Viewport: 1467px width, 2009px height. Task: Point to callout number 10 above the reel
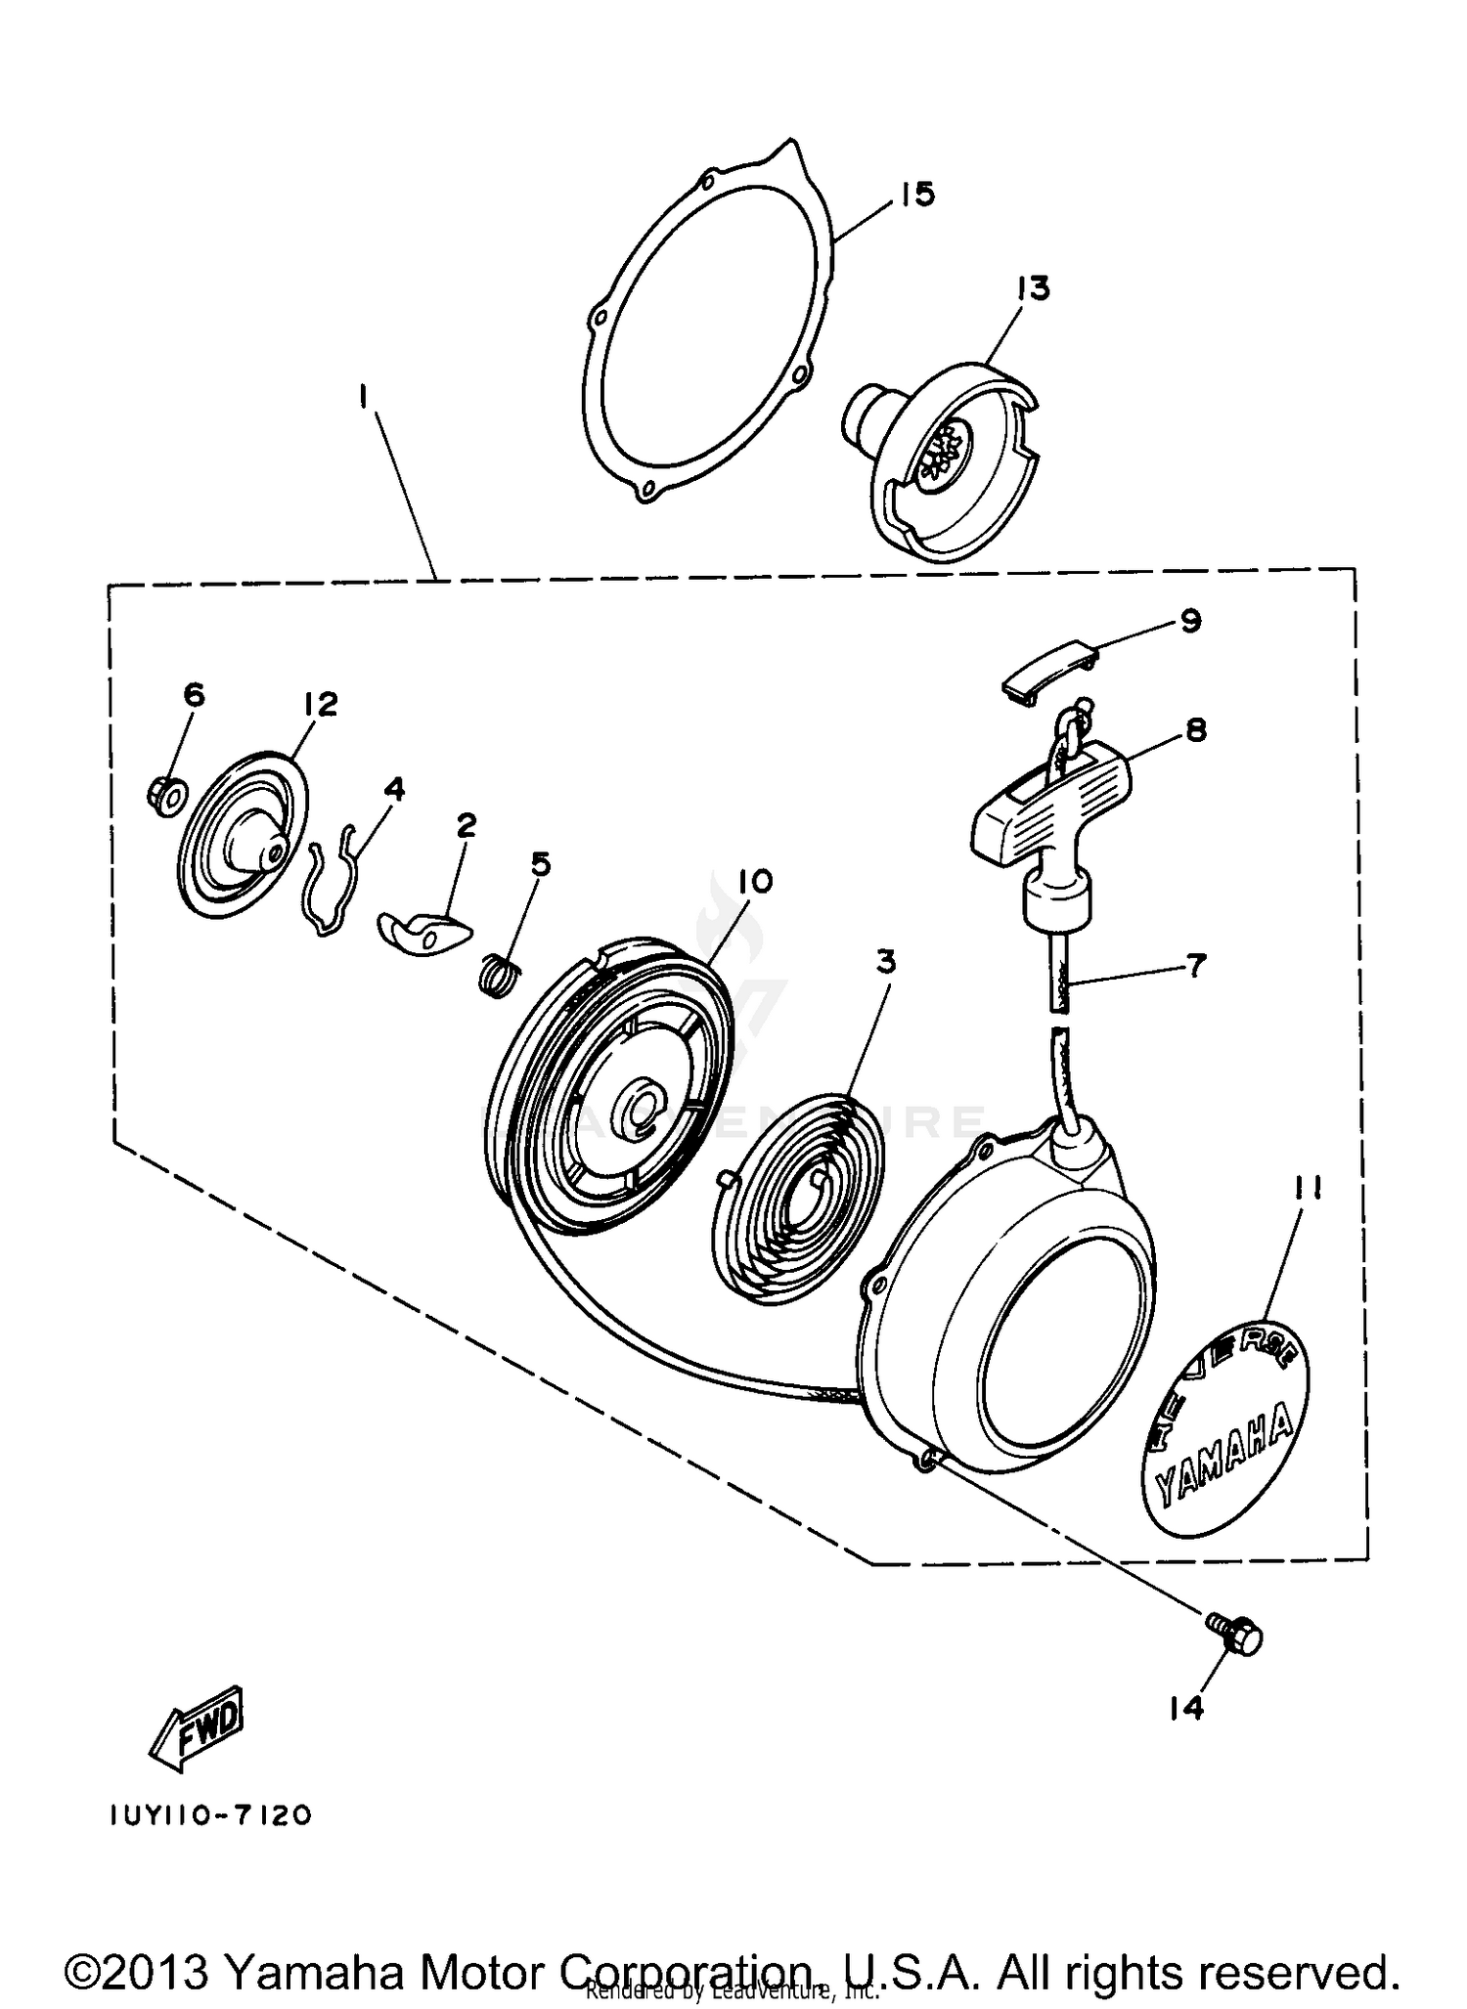[755, 881]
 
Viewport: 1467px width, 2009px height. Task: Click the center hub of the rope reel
[641, 1112]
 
